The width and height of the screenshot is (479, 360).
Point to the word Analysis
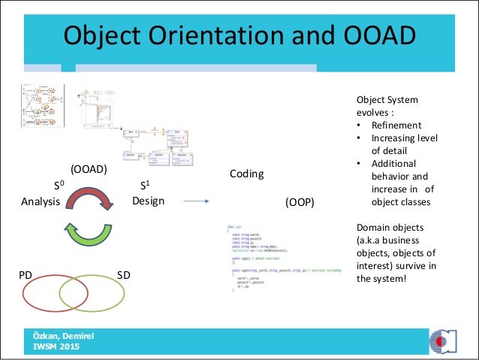click(41, 201)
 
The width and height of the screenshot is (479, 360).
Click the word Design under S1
click(149, 201)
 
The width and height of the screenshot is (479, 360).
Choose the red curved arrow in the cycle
click(89, 198)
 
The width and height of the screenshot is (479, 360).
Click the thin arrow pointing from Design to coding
click(196, 201)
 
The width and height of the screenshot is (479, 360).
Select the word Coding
click(246, 174)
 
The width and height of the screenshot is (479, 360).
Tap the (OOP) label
click(300, 203)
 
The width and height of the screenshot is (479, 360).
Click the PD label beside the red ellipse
click(25, 276)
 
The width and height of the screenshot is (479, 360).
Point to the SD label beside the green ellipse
click(124, 276)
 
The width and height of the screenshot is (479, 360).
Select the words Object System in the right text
click(387, 100)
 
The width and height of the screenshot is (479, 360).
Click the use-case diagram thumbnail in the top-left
click(42, 107)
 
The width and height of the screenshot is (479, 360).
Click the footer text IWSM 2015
click(55, 346)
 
